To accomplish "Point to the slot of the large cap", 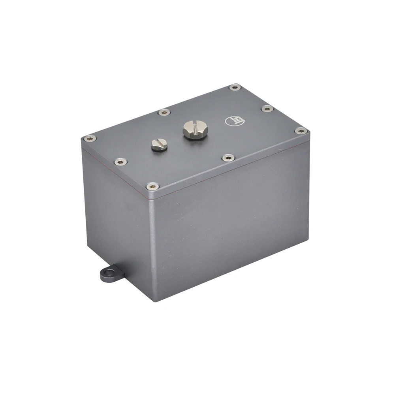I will click(193, 127).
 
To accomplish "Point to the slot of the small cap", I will click(159, 142).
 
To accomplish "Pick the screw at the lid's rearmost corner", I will click(235, 87).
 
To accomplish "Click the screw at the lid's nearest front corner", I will click(152, 186).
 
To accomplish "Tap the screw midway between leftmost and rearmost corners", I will click(164, 113).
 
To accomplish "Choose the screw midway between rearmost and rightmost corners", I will click(267, 108).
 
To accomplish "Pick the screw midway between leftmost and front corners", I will click(120, 161).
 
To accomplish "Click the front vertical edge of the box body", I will click(152, 245).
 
